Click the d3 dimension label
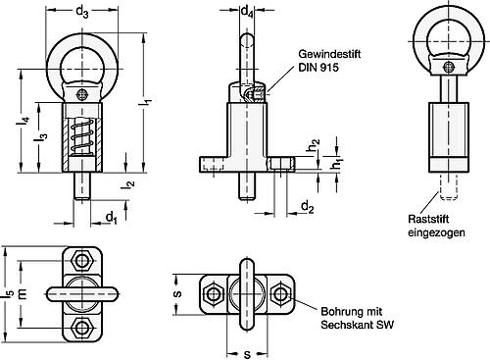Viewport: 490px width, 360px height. coord(85,13)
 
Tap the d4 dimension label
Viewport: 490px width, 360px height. coord(247,13)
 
